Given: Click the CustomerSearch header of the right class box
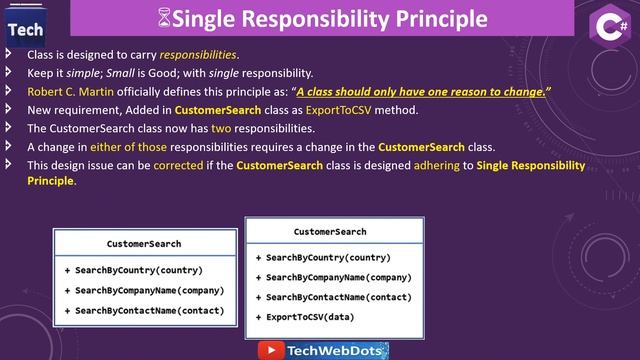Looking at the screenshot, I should point(330,232).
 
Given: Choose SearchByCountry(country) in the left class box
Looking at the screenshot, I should point(139,270).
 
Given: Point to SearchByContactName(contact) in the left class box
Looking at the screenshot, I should point(150,310).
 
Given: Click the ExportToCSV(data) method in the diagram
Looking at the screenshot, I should point(310,317).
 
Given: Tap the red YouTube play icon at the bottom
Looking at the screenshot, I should point(270,350).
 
